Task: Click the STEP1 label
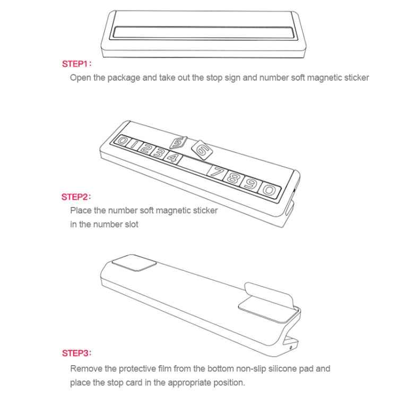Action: tap(76, 64)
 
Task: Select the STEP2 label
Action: tap(76, 197)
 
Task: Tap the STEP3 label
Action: tap(76, 353)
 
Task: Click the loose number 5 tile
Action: tap(178, 143)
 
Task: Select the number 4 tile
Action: tap(173, 158)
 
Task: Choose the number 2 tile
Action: tap(145, 148)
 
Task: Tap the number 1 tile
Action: tap(134, 144)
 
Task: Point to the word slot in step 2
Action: tap(131, 224)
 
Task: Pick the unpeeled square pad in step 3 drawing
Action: tap(134, 263)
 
